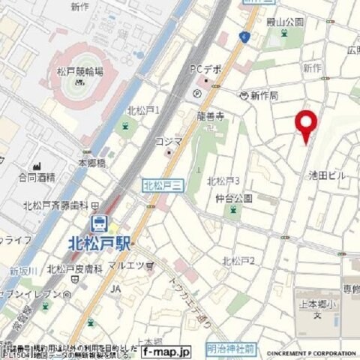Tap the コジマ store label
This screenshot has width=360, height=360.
[x=169, y=141]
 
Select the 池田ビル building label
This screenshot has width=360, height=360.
[x=328, y=175]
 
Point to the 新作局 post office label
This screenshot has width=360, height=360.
[x=264, y=96]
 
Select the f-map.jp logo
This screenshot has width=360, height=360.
[x=167, y=350]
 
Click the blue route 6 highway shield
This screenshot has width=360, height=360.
[x=244, y=36]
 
